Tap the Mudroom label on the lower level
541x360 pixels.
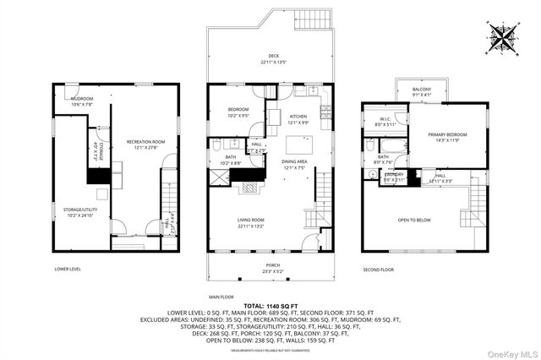82,100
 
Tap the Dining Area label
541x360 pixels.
293,165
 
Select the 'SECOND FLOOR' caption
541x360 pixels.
379,270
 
